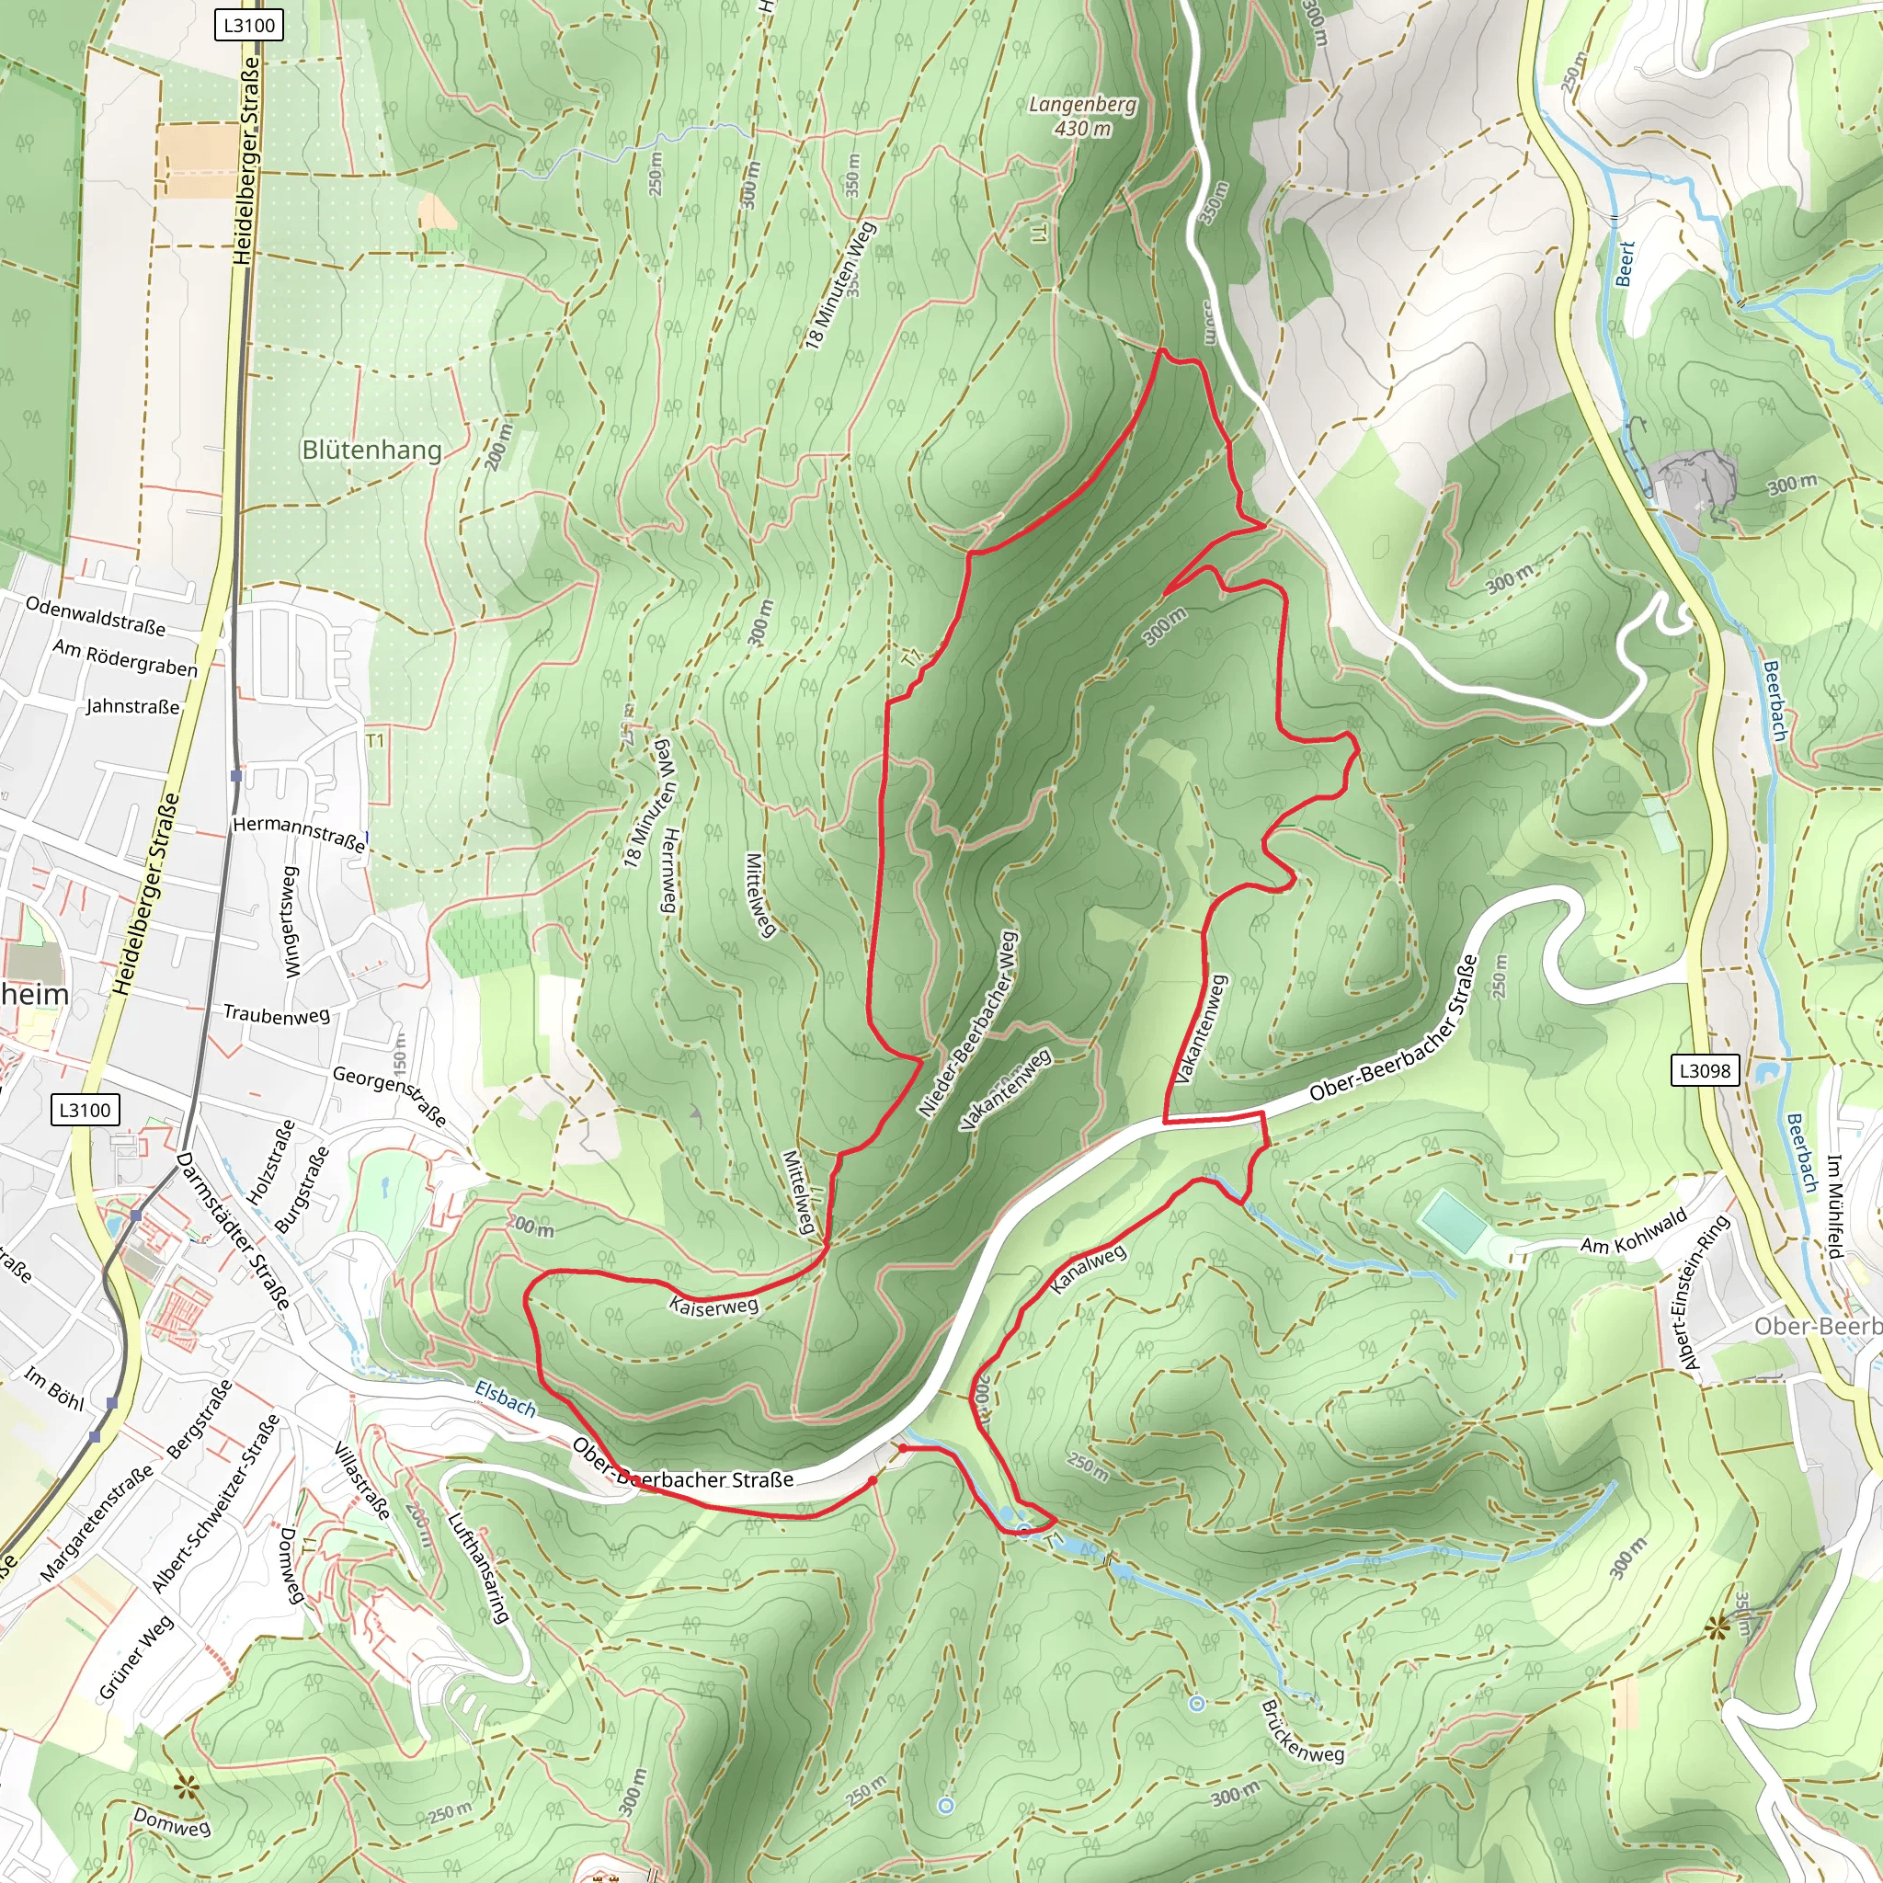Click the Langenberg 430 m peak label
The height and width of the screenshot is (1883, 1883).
tap(1082, 116)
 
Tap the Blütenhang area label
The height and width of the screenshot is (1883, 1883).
tap(371, 451)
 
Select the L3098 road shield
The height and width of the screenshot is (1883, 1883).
tap(1703, 1070)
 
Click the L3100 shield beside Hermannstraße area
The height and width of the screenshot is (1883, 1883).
tap(85, 1109)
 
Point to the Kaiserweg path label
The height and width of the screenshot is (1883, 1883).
tap(713, 1306)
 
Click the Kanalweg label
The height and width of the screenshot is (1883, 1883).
tap(1088, 1270)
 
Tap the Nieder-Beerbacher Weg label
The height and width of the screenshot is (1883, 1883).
tap(968, 1024)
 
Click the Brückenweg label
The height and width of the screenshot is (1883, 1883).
tap(1301, 1731)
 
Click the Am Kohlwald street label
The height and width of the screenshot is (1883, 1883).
tap(1634, 1245)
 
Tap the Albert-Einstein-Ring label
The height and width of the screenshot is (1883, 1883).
tap(1707, 1293)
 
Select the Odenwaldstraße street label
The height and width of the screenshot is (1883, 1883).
tap(96, 616)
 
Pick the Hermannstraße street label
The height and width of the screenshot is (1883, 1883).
tap(298, 834)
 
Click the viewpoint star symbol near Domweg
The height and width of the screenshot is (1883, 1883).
tap(184, 1786)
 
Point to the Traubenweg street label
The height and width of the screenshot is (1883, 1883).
tap(277, 1015)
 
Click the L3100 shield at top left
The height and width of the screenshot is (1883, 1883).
tap(248, 25)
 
